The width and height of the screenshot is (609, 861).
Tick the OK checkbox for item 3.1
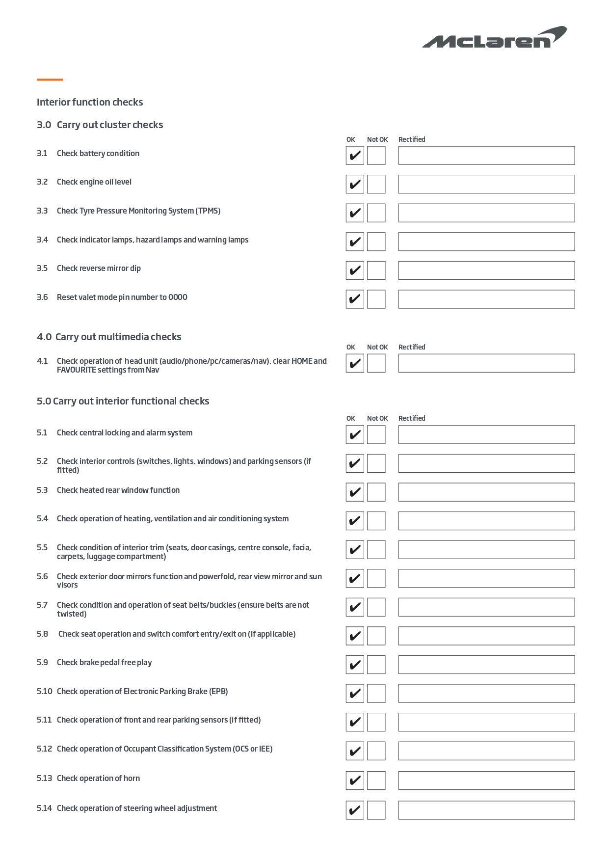(354, 156)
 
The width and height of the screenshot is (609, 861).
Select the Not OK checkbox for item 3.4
(376, 242)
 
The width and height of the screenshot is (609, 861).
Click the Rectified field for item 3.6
(486, 299)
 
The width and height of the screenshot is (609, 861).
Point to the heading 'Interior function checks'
(90, 102)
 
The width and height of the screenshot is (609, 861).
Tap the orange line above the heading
(50, 80)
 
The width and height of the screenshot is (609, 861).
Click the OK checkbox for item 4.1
(354, 363)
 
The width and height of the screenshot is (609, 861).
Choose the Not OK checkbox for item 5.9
(376, 665)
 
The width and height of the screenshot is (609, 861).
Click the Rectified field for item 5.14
(486, 810)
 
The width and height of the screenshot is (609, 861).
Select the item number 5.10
(44, 691)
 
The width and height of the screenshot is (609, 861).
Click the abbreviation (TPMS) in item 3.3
(208, 211)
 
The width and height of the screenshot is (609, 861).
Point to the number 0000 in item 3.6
(178, 297)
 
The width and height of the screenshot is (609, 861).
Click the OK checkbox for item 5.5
(354, 550)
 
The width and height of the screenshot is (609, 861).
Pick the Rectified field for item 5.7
(486, 607)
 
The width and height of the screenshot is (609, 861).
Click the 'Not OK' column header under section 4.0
(377, 347)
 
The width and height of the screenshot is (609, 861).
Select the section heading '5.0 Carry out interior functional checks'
(123, 401)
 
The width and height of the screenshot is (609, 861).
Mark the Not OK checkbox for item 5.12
(376, 751)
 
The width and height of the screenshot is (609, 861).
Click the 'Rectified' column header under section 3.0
(412, 139)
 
